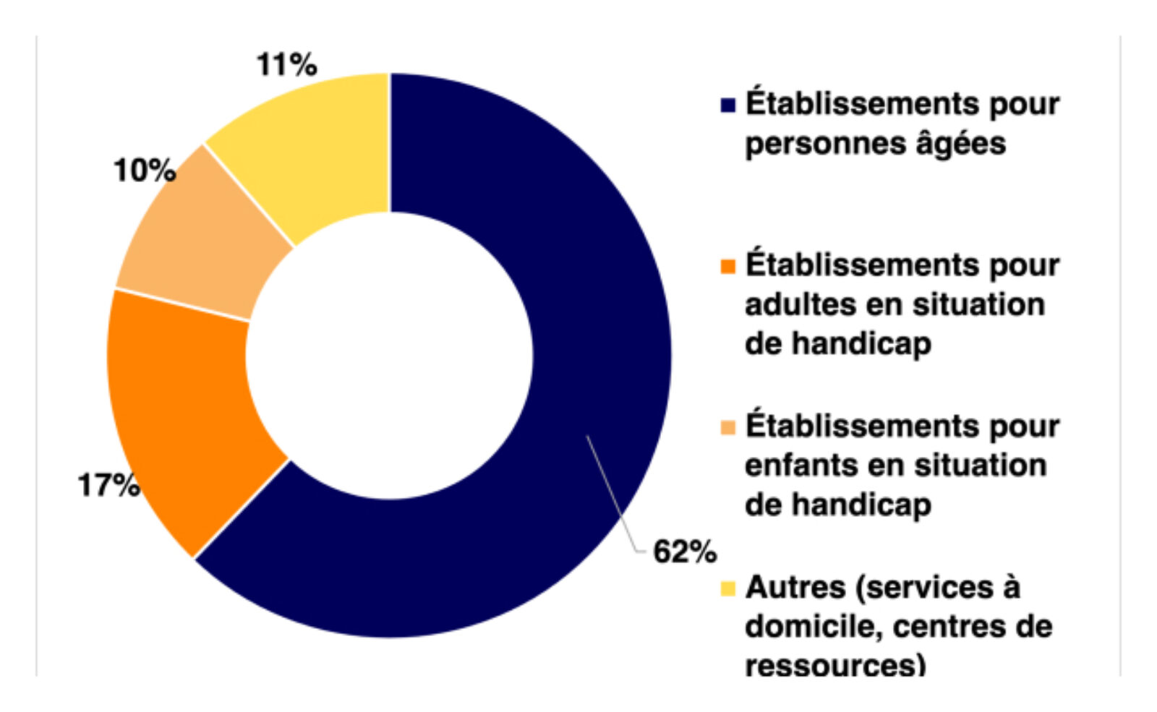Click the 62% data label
pyautogui.click(x=684, y=552)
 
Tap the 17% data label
pyautogui.click(x=108, y=486)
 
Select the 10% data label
pyautogui.click(x=145, y=171)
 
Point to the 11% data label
pyautogui.click(x=286, y=65)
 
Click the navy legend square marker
pyautogui.click(x=727, y=106)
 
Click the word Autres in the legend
pyautogui.click(x=795, y=588)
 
